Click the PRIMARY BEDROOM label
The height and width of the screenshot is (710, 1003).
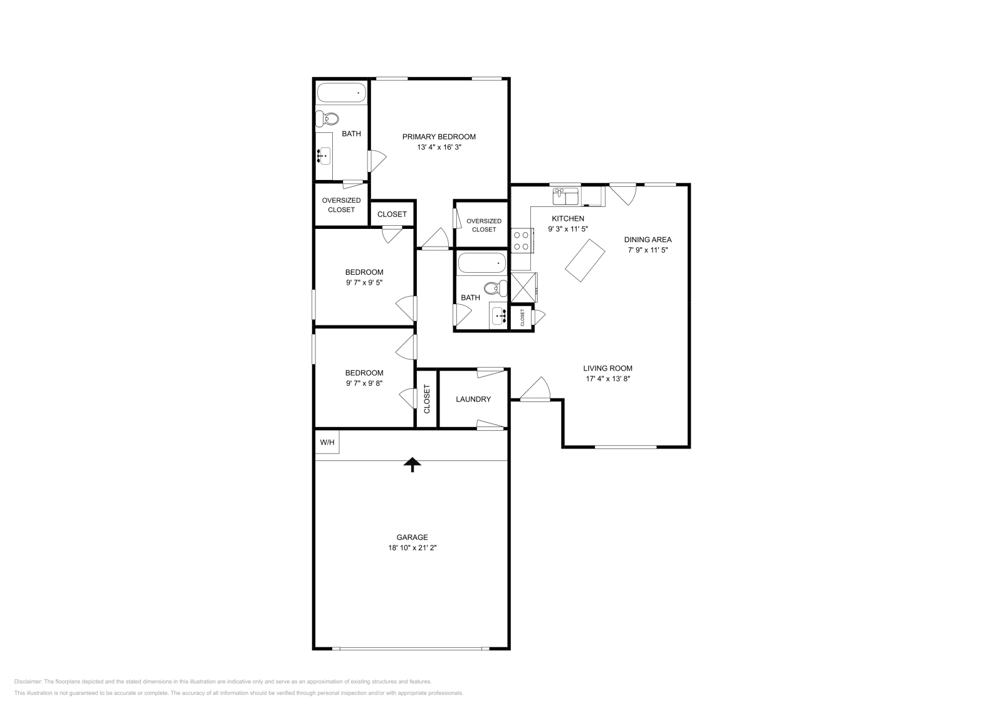[439, 137]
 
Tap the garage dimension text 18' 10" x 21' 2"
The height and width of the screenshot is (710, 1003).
[412, 548]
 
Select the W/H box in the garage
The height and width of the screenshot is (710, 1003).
[327, 442]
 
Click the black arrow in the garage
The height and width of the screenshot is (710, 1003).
[412, 464]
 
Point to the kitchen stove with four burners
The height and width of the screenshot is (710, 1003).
[522, 240]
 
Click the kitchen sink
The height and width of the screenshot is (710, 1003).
[566, 197]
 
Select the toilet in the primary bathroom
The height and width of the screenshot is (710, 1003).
[328, 119]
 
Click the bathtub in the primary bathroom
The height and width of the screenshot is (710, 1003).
[341, 93]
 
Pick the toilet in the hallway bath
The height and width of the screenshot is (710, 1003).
[498, 289]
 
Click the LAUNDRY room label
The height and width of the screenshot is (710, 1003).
[473, 400]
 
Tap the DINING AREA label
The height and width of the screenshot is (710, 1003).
[648, 240]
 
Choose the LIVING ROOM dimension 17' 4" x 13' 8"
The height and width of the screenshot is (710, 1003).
[607, 379]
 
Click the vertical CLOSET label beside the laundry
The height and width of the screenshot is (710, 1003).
[427, 399]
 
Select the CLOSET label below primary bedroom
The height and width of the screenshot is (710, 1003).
[392, 215]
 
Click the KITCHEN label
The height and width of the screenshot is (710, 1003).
[567, 219]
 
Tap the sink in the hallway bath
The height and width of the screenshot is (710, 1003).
[499, 315]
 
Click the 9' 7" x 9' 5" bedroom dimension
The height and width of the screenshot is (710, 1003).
[364, 283]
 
